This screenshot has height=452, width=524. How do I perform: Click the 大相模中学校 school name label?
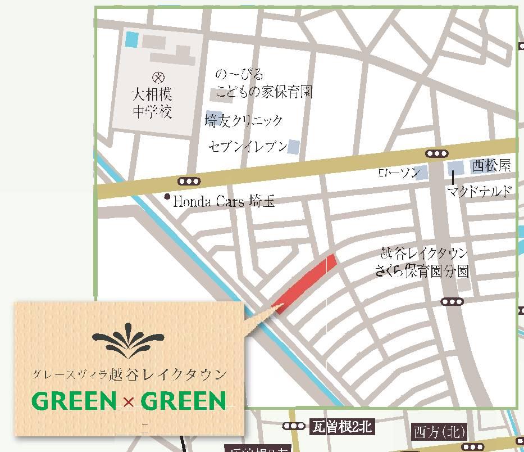(x=152, y=102)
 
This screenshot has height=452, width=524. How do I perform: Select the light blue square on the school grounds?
(x=131, y=39)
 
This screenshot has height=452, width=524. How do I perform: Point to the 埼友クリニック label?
(x=244, y=121)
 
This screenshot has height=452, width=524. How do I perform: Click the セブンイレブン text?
(x=248, y=147)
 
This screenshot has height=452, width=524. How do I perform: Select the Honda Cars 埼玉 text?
(x=224, y=201)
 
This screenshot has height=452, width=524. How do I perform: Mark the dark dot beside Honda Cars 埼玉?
(x=167, y=197)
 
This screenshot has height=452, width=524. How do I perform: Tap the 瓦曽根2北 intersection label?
(x=341, y=427)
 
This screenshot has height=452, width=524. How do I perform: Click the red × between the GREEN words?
(x=129, y=401)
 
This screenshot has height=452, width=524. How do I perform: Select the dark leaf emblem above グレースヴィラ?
(x=129, y=341)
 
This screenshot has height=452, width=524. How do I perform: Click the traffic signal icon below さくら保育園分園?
(x=452, y=302)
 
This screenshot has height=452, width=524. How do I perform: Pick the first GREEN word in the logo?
(x=74, y=401)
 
